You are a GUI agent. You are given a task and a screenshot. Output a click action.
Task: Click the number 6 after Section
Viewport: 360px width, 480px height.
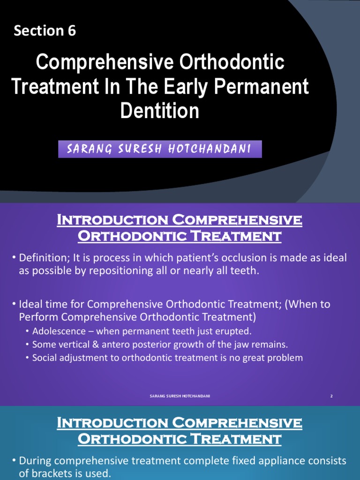click(x=71, y=31)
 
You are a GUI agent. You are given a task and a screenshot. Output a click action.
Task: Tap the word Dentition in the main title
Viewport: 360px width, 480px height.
click(x=159, y=111)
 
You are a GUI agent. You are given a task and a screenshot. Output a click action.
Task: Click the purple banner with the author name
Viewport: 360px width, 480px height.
click(x=159, y=149)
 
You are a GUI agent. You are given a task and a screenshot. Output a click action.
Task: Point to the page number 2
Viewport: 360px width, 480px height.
click(x=331, y=396)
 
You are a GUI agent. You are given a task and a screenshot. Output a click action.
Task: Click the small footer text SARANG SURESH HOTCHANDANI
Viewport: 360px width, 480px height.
click(x=180, y=396)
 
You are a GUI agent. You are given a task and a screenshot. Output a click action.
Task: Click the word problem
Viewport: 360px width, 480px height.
click(x=285, y=358)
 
